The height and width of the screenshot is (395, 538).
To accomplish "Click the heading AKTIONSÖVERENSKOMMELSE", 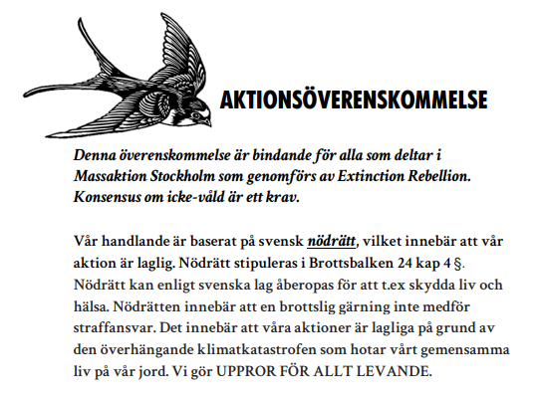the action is point(353,100).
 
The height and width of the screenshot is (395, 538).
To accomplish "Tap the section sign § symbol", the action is point(434,259).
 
